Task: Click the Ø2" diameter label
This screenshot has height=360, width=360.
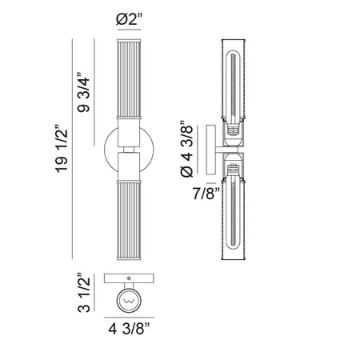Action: pos(129,19)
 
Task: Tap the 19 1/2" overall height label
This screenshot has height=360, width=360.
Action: pos(62,148)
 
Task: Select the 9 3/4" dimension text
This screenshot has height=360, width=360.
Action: pos(83,92)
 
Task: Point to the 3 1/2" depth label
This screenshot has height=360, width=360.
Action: pos(83,292)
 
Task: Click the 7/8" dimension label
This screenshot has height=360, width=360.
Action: pos(206,194)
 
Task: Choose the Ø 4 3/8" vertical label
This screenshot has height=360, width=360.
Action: pos(186,149)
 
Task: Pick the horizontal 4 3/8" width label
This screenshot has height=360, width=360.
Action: pos(130,329)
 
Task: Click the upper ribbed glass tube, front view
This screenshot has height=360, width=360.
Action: pos(129,79)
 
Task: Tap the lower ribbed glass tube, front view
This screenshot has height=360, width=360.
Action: pos(129,220)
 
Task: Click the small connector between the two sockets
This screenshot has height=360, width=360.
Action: pos(129,150)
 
